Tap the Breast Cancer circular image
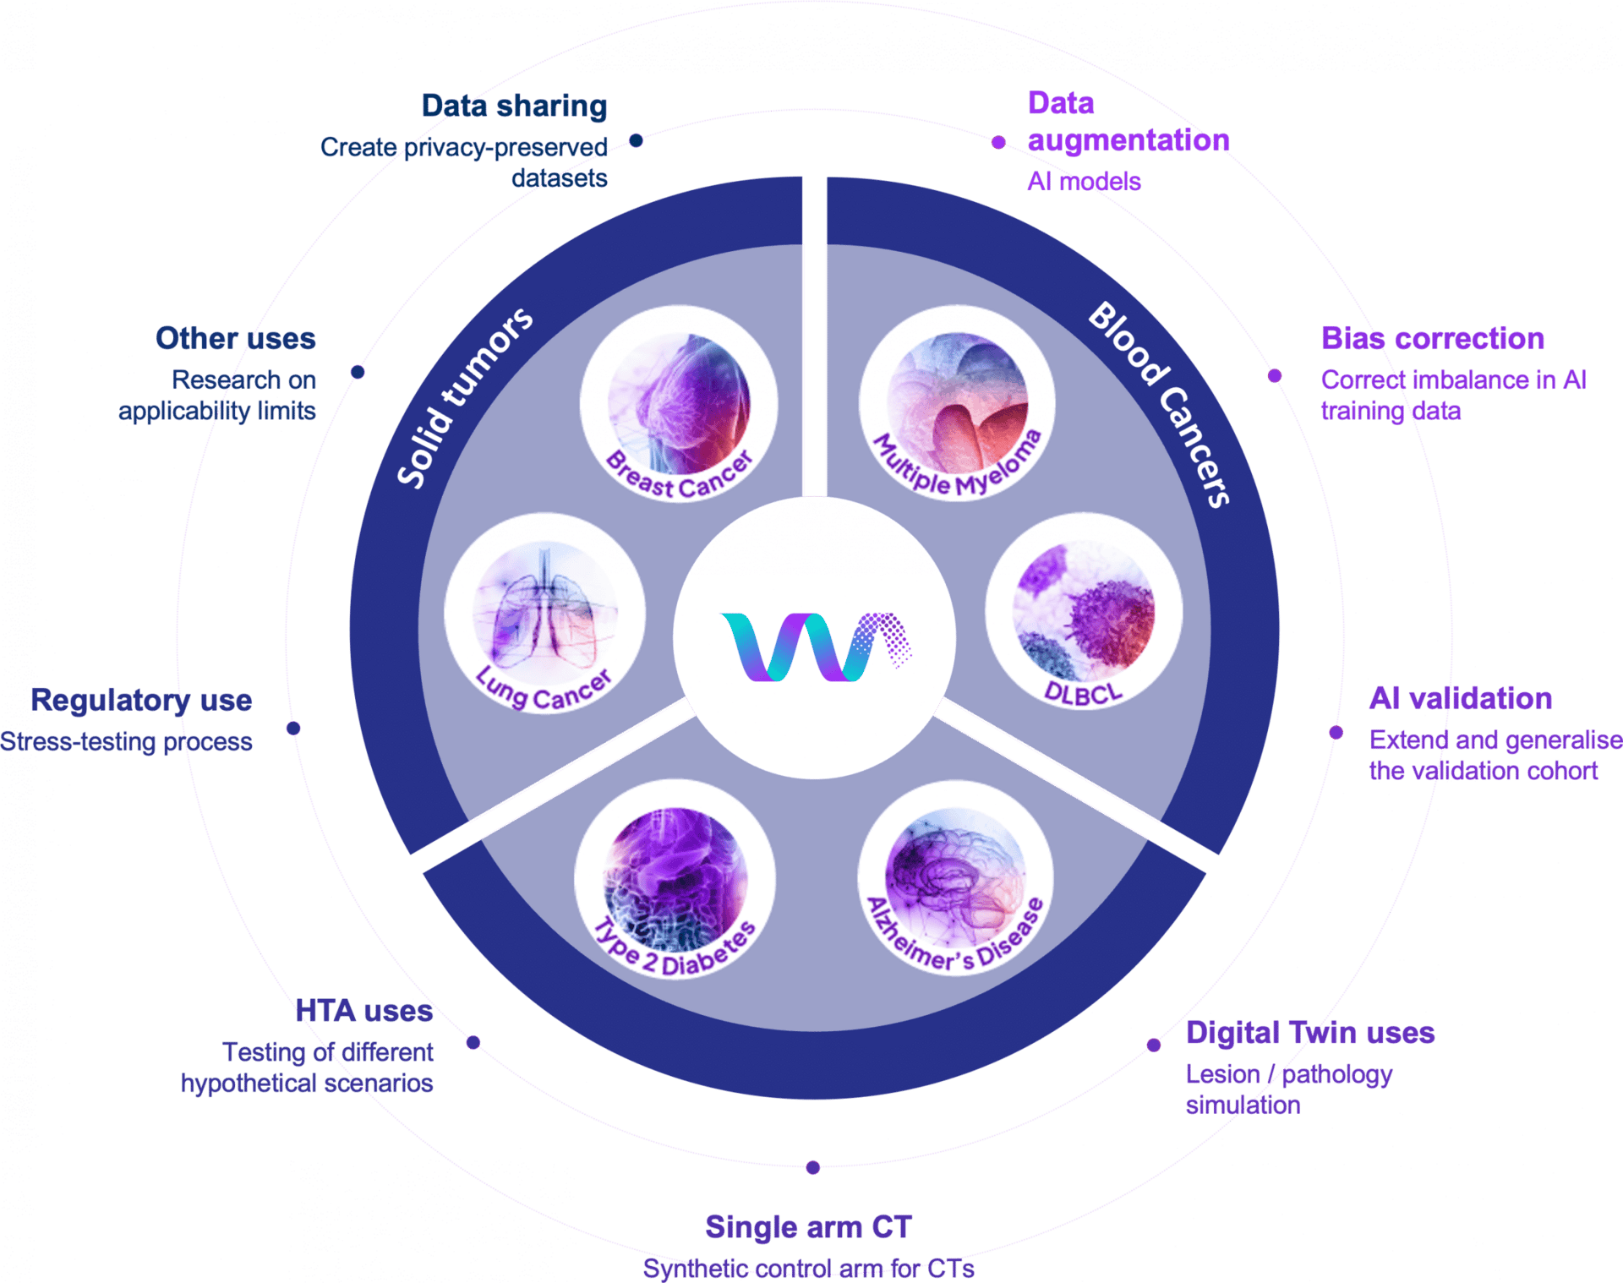pos(679,404)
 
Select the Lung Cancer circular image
pos(544,613)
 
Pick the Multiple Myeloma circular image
pos(958,404)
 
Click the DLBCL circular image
pos(1084,611)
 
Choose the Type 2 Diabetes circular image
pos(675,880)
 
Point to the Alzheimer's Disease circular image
pos(956,878)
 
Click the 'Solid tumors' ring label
pos(464,397)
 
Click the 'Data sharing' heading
pos(514,106)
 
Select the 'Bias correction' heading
pos(1433,339)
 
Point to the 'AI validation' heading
pos(1461,699)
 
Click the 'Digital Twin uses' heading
pos(1309,1033)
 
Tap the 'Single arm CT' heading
pos(808,1227)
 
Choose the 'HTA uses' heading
pos(364,1011)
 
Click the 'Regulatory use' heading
pos(141,701)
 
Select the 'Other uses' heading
pos(235,339)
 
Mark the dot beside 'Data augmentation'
pos(998,143)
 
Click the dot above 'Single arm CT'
pos(812,1168)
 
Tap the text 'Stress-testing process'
pos(126,742)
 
